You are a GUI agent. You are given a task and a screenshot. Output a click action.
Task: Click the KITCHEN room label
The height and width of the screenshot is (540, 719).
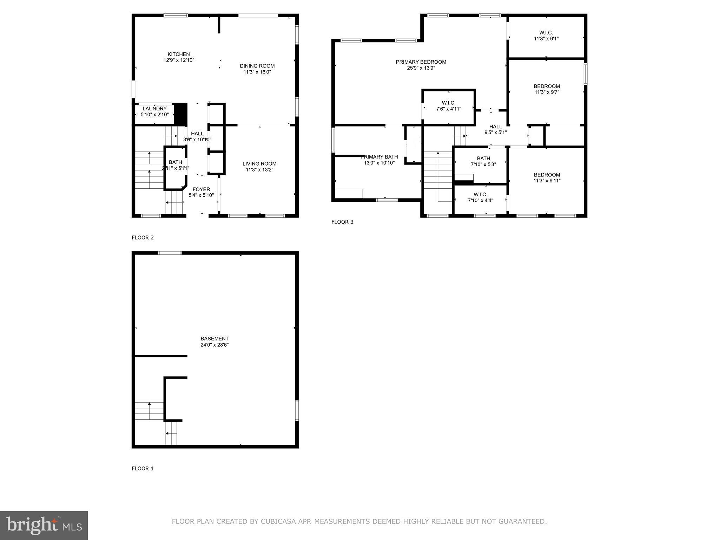click(179, 54)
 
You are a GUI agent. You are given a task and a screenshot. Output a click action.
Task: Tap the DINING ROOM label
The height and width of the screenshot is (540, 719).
click(257, 66)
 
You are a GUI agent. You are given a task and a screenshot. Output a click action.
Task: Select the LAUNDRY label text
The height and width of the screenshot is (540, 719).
click(154, 109)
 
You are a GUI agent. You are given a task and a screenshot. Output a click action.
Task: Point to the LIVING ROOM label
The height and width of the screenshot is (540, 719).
click(259, 163)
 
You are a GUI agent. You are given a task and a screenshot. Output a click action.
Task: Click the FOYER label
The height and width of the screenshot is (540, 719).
click(201, 189)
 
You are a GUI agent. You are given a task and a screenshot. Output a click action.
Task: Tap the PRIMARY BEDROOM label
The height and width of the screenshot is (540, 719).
click(421, 62)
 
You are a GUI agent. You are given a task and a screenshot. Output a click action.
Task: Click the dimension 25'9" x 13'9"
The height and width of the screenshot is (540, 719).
click(421, 68)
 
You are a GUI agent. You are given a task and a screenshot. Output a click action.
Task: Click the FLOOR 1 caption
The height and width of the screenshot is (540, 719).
click(143, 468)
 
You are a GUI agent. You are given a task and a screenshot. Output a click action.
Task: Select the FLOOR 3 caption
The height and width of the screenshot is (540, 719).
click(342, 222)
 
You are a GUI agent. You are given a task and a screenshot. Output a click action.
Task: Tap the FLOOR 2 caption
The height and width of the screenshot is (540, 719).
click(143, 237)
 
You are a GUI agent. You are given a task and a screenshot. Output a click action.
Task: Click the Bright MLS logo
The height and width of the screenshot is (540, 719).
click(44, 525)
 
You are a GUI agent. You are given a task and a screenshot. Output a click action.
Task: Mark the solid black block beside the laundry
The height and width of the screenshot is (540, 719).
click(181, 113)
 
